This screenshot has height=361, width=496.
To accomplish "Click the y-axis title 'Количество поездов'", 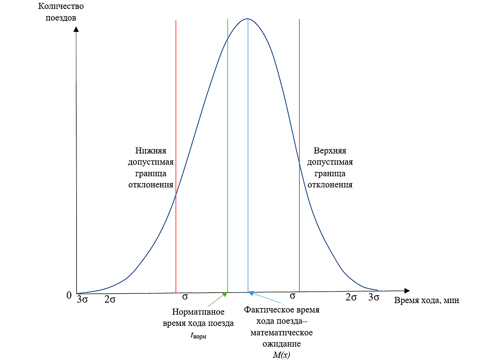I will coord(61,12).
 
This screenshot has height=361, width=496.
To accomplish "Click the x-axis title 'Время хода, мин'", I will coord(426,300).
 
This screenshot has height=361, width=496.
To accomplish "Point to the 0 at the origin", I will coord(69,295).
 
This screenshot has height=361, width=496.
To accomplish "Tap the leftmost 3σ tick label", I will coord(82,299).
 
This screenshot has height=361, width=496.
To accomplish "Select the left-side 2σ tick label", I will coord(110,299).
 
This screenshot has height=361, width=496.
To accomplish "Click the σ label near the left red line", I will coord(185,297).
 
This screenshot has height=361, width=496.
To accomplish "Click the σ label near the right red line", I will coord(292,296).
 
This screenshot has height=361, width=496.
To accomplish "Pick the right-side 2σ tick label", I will coord(351,297).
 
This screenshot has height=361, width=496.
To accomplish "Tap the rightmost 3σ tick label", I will coord(374,297).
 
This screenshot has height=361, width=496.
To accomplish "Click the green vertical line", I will coord(228,144).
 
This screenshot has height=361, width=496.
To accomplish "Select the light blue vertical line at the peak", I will coord(248,144).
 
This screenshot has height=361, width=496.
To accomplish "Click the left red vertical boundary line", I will coord(176,115).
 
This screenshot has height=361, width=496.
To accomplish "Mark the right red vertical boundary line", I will coord(299,115).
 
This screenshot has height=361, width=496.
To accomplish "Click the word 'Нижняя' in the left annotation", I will coord(151,151).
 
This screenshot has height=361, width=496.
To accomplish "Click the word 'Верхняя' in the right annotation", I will coord(330,151).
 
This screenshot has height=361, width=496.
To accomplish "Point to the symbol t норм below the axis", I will coord(198,335).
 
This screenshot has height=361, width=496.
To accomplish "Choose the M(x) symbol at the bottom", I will coord(282,355).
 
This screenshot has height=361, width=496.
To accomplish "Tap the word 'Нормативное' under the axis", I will coord(198,312).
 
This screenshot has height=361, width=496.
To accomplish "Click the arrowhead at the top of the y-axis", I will coord(76,29).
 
